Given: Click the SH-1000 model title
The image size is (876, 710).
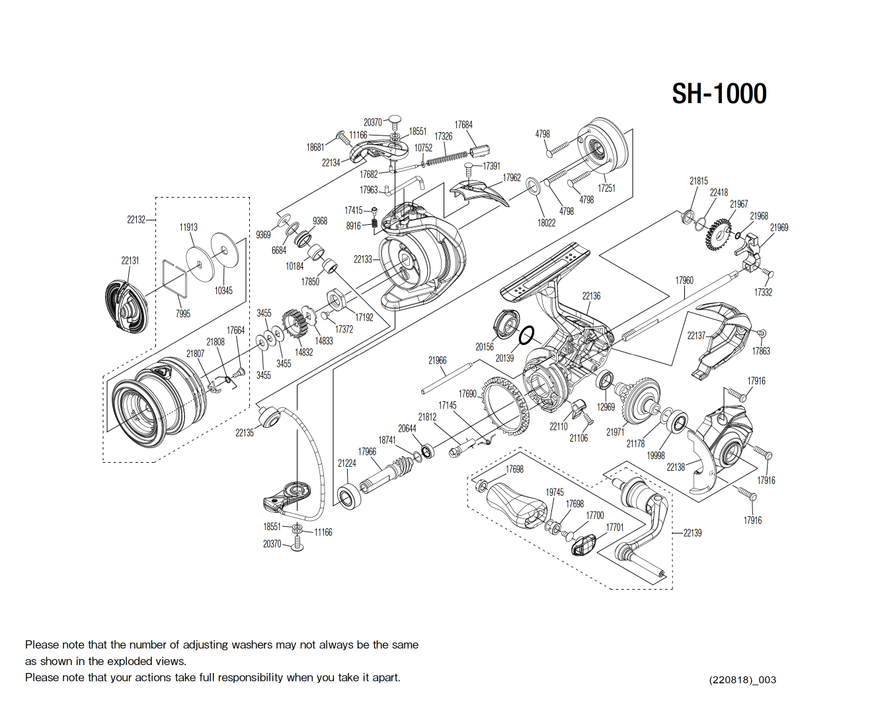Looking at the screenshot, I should (719, 94).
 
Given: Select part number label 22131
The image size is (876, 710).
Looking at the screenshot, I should (130, 260).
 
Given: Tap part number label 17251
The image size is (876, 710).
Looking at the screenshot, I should (606, 188).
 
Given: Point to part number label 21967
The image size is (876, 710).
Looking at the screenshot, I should (738, 204).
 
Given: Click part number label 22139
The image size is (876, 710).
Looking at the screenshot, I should (692, 533).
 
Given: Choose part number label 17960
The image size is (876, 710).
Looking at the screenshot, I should (684, 280).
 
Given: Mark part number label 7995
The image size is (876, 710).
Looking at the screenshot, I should (183, 313).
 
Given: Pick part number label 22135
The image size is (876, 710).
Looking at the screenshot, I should (245, 433).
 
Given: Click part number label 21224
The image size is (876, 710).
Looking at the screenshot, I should (347, 463).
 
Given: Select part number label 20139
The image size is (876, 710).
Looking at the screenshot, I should (504, 358).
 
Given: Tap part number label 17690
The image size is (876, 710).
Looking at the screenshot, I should (467, 394).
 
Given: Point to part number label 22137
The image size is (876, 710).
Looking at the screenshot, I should (696, 336).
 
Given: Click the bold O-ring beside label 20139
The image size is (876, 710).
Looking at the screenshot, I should (526, 336).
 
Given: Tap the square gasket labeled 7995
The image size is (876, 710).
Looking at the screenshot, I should (175, 279).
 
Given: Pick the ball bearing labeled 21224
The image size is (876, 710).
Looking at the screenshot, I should (348, 496).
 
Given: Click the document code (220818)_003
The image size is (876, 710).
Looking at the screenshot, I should (742, 680).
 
